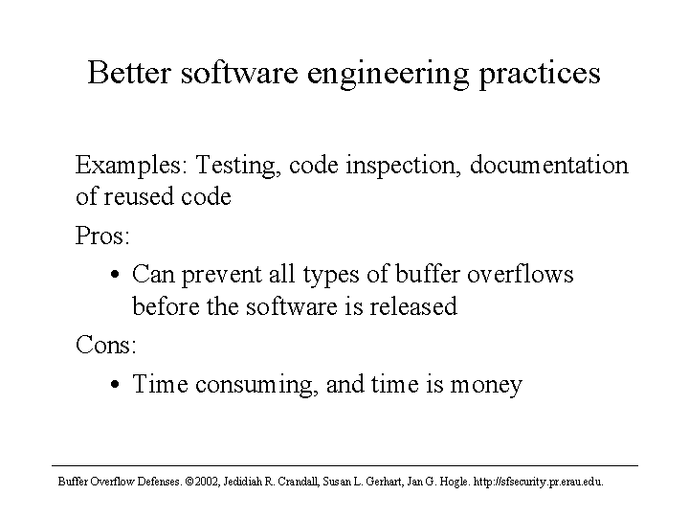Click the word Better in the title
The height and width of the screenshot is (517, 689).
[129, 73]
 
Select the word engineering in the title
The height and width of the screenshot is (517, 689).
[388, 75]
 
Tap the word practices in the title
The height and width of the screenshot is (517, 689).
[540, 75]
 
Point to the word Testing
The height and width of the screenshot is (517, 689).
[237, 167]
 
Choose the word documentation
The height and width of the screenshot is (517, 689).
[549, 166]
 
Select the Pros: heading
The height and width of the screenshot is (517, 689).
[102, 236]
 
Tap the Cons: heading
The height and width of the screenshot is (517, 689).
[106, 345]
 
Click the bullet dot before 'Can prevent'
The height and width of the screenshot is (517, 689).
[115, 275]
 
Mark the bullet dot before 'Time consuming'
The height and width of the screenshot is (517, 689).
[115, 384]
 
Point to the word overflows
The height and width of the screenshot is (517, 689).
[521, 274]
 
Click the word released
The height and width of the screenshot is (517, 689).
[413, 306]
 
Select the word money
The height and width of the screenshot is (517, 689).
[486, 386]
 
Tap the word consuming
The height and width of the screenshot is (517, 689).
[256, 386]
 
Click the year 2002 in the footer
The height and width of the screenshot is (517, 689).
[207, 482]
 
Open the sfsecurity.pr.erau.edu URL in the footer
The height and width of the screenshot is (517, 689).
[538, 483]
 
